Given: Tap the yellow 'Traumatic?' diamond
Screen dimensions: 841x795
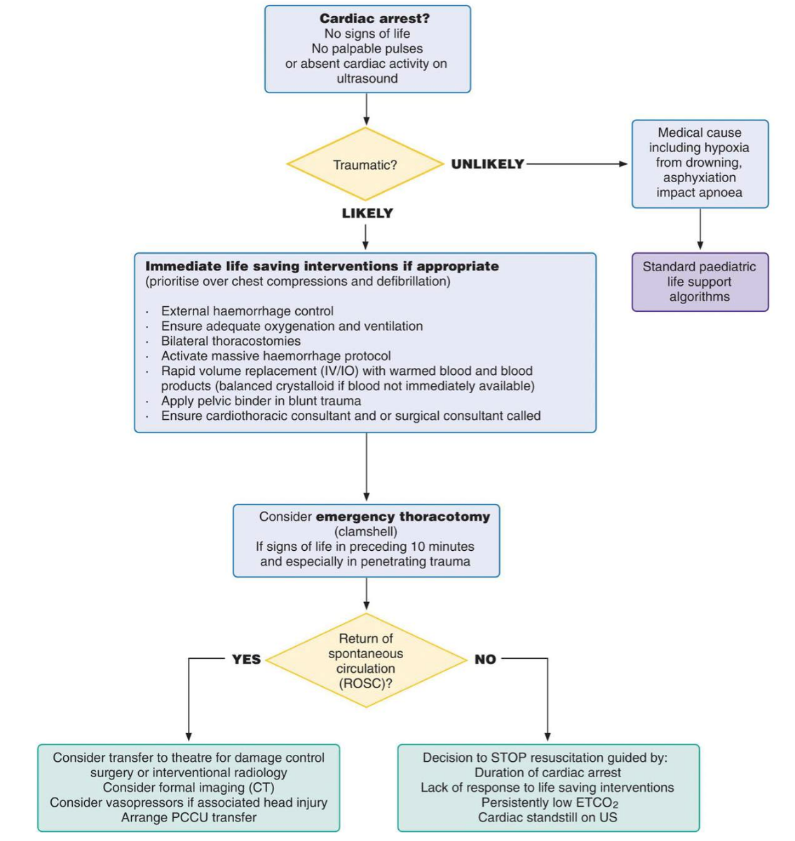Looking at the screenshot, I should (x=365, y=165).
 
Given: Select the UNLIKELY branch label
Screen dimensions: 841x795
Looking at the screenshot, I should (x=487, y=164).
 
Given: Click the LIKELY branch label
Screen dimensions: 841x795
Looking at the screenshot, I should (x=367, y=213).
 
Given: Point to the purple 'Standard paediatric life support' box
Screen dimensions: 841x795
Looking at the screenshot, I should (x=700, y=282).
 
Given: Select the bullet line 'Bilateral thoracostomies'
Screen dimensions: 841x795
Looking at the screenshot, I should (x=231, y=341).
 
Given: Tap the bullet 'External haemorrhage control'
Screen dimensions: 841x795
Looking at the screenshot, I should (x=247, y=311).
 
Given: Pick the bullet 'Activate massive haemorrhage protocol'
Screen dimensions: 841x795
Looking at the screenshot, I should (x=276, y=356).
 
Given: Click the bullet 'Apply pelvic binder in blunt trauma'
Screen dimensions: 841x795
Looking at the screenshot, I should (x=261, y=401).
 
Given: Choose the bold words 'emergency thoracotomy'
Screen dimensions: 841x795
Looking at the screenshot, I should (x=403, y=517).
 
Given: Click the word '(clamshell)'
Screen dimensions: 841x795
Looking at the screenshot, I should (x=366, y=532).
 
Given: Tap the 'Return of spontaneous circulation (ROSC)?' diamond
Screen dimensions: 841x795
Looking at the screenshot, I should (x=366, y=660).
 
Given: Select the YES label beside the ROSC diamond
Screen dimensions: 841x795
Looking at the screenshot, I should (x=246, y=659).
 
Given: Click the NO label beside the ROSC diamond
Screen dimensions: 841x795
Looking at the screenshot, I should (x=485, y=659).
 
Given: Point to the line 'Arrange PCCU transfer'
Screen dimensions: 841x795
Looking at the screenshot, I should (x=189, y=817).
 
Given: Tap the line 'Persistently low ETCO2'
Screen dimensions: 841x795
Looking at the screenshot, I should (x=549, y=802).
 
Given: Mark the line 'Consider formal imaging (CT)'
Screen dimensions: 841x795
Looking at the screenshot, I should (x=189, y=787).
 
